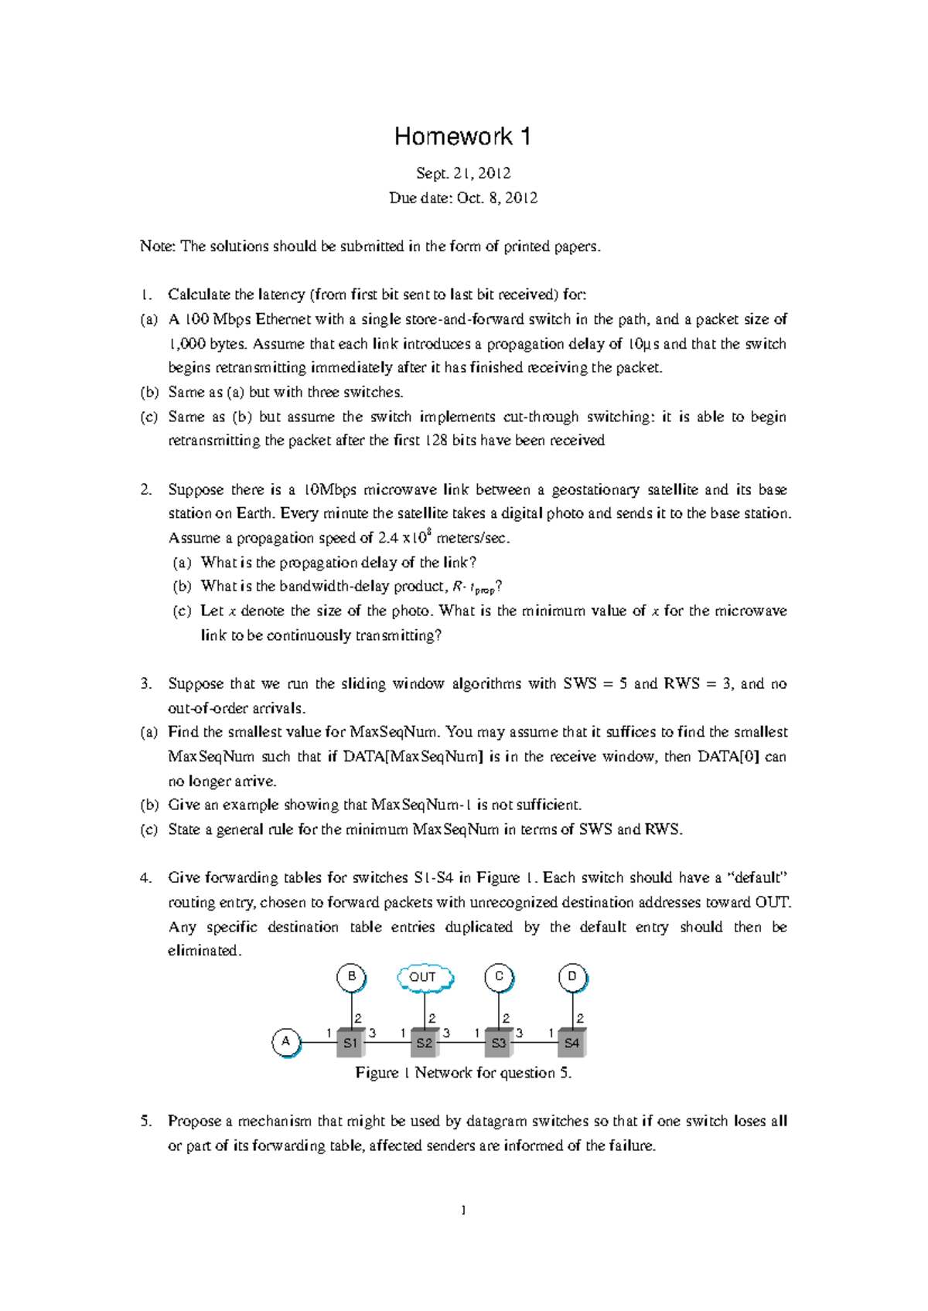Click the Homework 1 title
(462, 137)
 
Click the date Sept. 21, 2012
(463, 173)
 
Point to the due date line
(463, 198)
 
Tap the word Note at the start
(157, 247)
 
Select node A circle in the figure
(286, 1042)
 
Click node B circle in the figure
(351, 977)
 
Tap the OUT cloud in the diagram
(424, 977)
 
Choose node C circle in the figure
(499, 977)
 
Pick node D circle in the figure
(572, 977)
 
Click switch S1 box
(351, 1043)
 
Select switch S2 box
(425, 1043)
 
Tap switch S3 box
(499, 1043)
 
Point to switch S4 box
(572, 1043)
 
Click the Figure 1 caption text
(463, 1073)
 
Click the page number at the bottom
(463, 1211)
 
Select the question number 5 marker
(146, 1122)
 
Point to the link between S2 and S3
(462, 1043)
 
